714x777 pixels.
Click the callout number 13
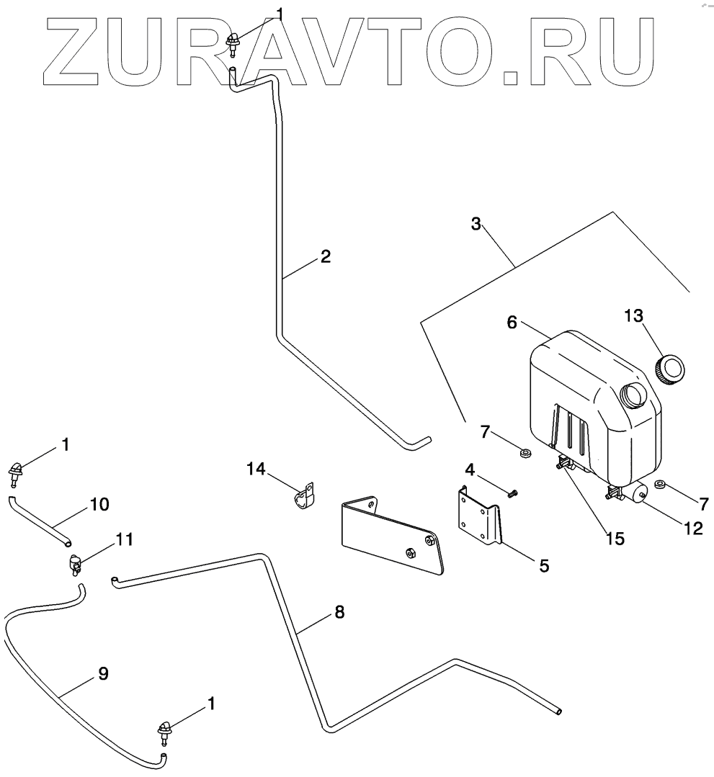tap(633, 316)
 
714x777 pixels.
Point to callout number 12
tap(692, 528)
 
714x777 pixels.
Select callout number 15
tap(615, 537)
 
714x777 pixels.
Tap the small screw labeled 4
tap(513, 494)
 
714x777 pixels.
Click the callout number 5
tap(543, 567)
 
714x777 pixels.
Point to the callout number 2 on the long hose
tap(326, 256)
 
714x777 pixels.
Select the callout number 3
tap(476, 223)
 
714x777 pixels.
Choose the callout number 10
tap(99, 504)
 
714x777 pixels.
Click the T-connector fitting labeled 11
tap(75, 564)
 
